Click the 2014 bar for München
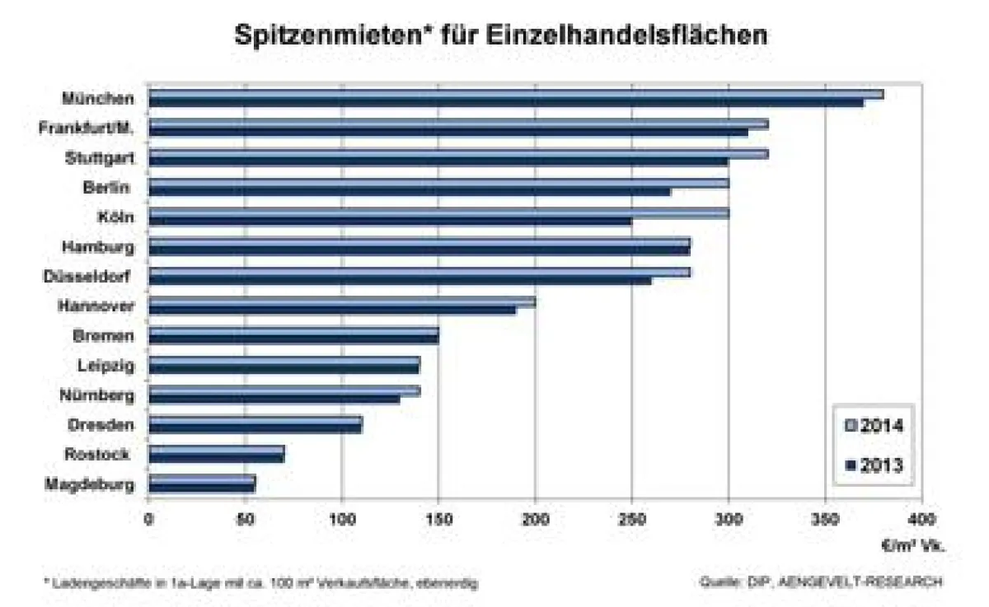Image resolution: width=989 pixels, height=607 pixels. [x=515, y=94]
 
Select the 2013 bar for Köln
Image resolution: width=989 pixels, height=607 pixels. [x=390, y=221]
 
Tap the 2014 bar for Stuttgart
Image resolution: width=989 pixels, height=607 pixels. [x=457, y=153]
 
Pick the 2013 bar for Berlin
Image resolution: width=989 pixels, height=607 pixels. [x=409, y=191]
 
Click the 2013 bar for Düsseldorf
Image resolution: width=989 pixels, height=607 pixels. [x=400, y=280]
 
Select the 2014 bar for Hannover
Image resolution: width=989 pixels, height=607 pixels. [x=342, y=301]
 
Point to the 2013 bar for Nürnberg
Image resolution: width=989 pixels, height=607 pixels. [x=274, y=399]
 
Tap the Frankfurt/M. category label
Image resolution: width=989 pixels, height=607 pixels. [x=87, y=128]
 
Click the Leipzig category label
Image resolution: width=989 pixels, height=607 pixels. [x=105, y=366]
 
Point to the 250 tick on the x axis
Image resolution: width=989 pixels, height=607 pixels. [x=631, y=519]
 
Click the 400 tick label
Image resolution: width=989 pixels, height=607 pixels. [x=921, y=519]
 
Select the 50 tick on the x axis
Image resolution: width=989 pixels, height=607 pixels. [x=245, y=519]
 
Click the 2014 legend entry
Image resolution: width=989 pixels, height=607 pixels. [x=874, y=426]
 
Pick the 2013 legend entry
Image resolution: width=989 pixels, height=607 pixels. [x=874, y=465]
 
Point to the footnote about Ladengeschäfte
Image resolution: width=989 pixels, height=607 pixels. [x=260, y=582]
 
